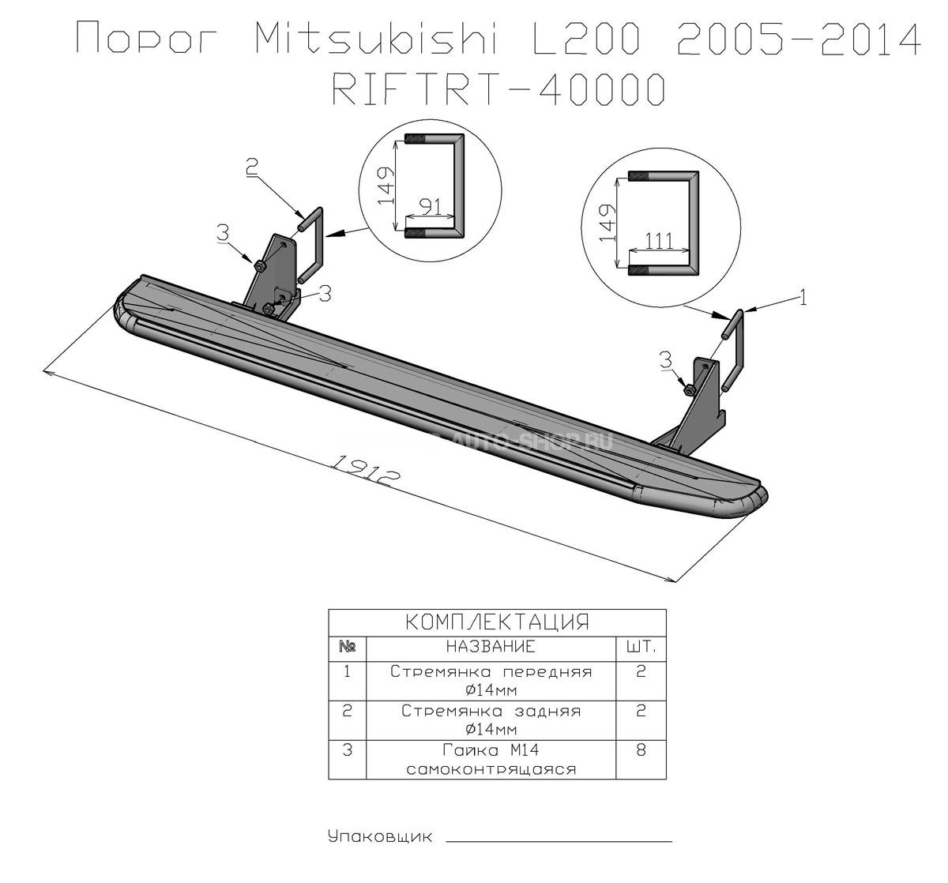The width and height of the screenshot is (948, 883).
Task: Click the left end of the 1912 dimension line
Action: pos(43,370)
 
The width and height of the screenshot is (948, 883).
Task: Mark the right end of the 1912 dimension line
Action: pos(676,582)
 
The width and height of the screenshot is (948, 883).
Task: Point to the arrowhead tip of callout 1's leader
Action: pos(743,311)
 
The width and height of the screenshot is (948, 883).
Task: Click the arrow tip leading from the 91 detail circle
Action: pos(325,235)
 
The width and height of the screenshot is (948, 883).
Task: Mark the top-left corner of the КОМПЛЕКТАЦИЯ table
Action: pos(329,610)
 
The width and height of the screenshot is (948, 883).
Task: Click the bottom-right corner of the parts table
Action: pos(667,780)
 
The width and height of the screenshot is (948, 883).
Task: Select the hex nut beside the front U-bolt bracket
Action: pos(688,389)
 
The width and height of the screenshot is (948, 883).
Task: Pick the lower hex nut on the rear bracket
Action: pos(269,309)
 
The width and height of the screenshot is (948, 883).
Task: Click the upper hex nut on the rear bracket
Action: pos(260,266)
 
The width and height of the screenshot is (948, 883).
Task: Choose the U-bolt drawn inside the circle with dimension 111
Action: pos(664,224)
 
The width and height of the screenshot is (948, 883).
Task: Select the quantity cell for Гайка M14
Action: pos(641,760)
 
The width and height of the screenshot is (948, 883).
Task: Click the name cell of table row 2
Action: pos(491,720)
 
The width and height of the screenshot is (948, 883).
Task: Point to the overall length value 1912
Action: pos(365,471)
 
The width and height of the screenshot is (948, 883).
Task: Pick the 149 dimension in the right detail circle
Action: pos(608,223)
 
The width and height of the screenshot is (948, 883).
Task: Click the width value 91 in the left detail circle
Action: pos(431,207)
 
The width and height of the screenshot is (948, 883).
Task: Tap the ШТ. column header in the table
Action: pos(641,648)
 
